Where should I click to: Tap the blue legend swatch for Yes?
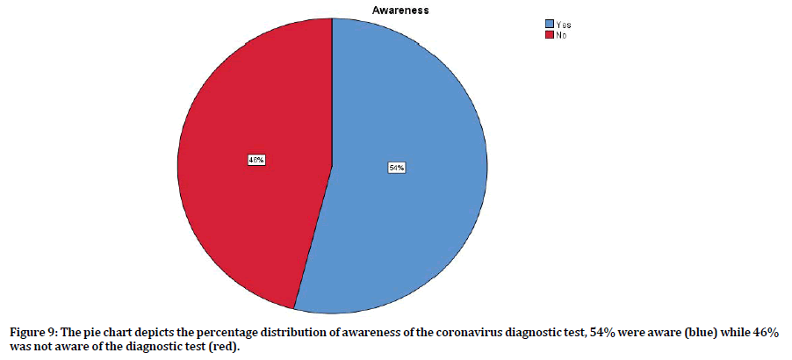point(549,24)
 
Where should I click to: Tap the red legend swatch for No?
point(549,34)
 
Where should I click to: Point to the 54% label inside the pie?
point(396,168)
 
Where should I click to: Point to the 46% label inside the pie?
point(256,161)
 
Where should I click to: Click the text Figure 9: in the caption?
point(31,334)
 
